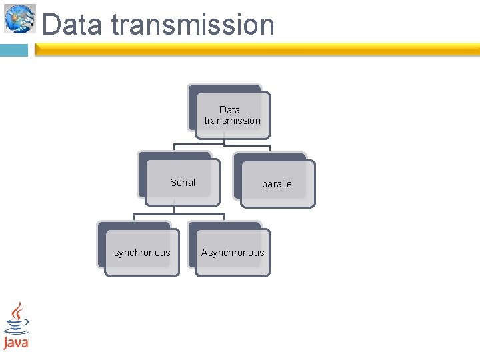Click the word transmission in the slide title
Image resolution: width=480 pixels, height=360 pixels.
193,25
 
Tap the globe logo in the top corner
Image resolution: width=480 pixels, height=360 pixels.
19,19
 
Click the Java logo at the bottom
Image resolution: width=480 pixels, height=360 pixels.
16,326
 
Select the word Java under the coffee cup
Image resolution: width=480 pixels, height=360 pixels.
16,343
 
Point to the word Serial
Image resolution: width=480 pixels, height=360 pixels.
182,182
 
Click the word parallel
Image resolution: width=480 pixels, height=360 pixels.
277,184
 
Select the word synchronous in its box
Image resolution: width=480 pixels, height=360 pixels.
142,253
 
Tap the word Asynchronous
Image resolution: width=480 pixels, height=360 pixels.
233,253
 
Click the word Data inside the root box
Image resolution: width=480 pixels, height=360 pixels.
229,109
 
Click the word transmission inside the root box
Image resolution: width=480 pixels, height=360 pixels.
232,121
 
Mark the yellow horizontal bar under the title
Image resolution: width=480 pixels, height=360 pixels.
257,49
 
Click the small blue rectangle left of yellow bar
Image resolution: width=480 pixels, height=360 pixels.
14,50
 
